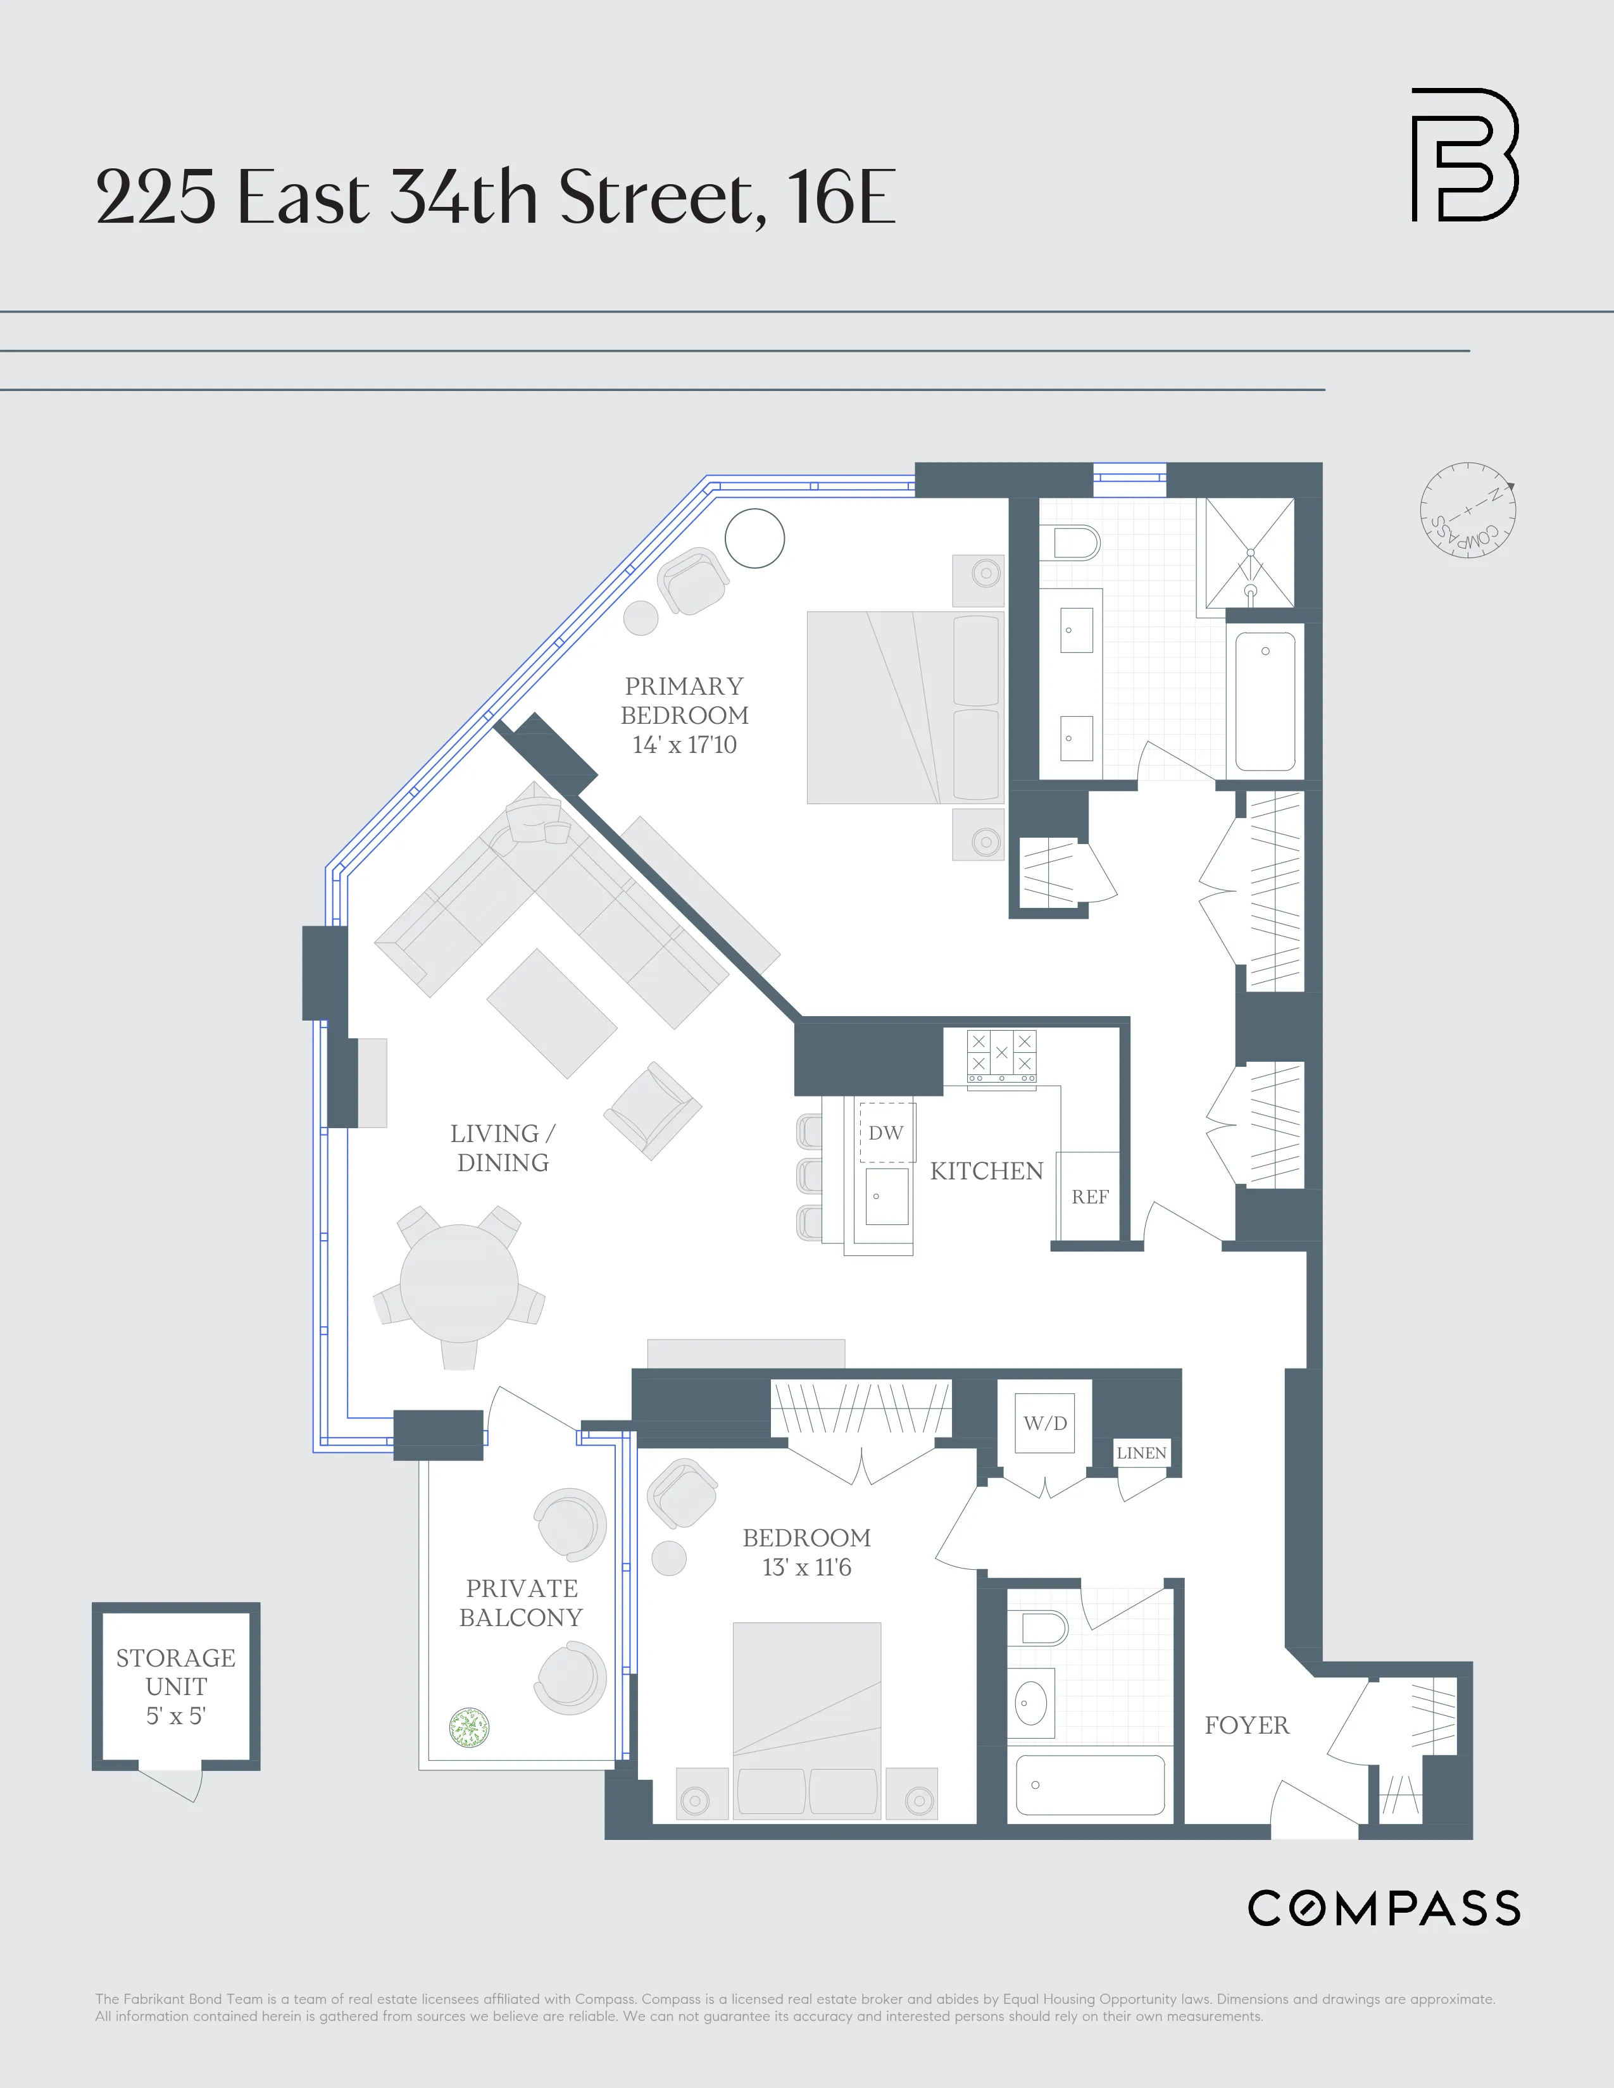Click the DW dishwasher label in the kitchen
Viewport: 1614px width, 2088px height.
pos(885,1133)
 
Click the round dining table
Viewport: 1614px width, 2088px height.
pos(459,1283)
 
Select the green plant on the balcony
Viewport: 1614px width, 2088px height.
pos(470,1727)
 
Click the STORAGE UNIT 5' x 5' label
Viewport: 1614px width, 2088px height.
pos(176,1686)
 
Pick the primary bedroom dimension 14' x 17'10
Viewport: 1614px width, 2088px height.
pos(685,745)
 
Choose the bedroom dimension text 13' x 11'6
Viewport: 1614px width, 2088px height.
pos(806,1567)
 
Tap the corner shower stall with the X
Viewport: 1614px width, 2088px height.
pos(1249,552)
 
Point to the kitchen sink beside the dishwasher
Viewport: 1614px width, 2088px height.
pos(886,1196)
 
